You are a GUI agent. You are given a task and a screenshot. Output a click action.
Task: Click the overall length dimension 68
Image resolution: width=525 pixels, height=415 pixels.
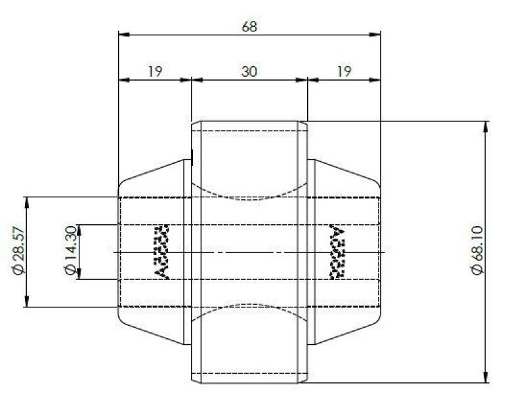[249, 26]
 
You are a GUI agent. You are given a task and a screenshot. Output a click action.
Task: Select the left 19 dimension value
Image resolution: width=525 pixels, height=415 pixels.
[154, 71]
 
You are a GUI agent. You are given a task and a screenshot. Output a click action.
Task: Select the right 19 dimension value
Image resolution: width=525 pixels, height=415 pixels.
[343, 71]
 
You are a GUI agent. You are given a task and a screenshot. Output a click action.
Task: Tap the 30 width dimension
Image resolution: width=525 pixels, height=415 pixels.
[249, 71]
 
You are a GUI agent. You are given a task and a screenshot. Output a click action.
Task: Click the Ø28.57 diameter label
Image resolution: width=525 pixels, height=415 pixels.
[19, 252]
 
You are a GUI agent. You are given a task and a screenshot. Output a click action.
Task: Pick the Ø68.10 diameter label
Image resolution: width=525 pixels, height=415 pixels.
[478, 252]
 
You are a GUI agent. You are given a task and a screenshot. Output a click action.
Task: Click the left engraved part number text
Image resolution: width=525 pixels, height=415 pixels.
[161, 252]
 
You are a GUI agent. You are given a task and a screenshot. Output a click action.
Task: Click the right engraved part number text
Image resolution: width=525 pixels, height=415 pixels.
[337, 252]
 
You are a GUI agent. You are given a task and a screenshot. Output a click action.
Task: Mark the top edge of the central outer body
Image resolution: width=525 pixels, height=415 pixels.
[249, 121]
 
